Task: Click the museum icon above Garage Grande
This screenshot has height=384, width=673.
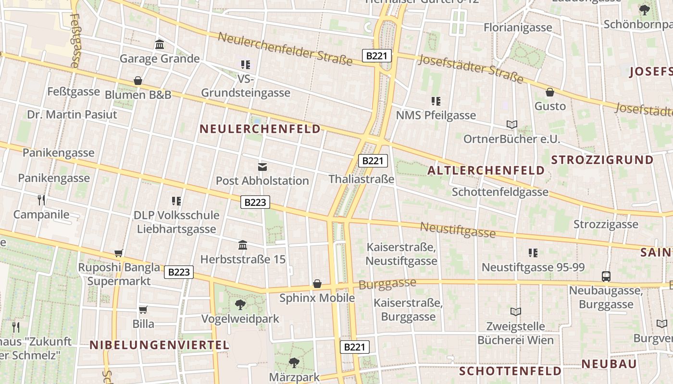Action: (160, 45)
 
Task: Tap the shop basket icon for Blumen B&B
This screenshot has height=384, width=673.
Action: (138, 81)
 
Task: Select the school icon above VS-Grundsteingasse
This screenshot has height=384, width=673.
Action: (246, 64)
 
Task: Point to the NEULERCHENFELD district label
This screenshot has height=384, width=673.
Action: (260, 129)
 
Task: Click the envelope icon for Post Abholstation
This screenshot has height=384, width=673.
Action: (262, 167)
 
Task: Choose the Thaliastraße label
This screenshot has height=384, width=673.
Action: (361, 179)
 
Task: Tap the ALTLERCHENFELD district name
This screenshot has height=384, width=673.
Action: (486, 170)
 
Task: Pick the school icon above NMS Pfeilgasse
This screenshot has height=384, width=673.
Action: (436, 101)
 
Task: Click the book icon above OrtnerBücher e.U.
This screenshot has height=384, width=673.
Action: (512, 125)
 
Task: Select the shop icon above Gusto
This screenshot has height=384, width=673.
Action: (550, 92)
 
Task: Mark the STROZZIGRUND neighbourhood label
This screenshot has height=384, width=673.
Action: (602, 160)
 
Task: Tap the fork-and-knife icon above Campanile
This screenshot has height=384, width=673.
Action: (41, 200)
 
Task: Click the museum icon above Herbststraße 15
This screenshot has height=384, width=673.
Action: (243, 245)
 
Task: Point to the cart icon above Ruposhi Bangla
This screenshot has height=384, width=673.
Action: (119, 253)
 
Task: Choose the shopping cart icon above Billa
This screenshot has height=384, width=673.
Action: (143, 310)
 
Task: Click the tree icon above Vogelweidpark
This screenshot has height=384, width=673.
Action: (240, 304)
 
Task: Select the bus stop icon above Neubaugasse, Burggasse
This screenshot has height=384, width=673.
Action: (606, 276)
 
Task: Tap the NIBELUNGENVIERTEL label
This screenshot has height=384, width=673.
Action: (160, 345)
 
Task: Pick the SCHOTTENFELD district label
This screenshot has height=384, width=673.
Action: (510, 371)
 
